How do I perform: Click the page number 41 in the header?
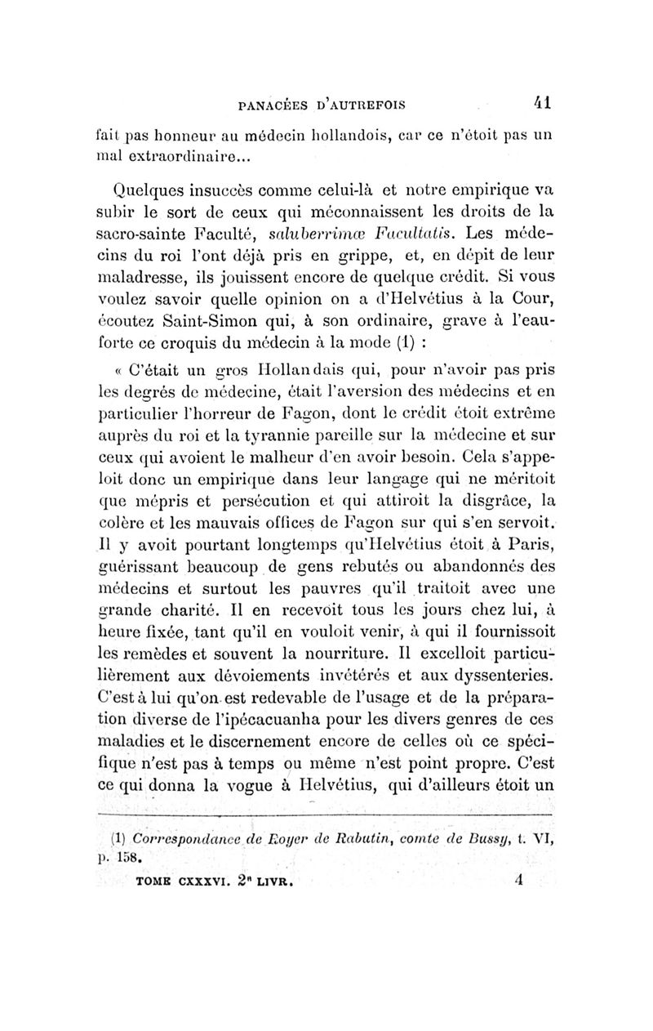pyautogui.click(x=540, y=104)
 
